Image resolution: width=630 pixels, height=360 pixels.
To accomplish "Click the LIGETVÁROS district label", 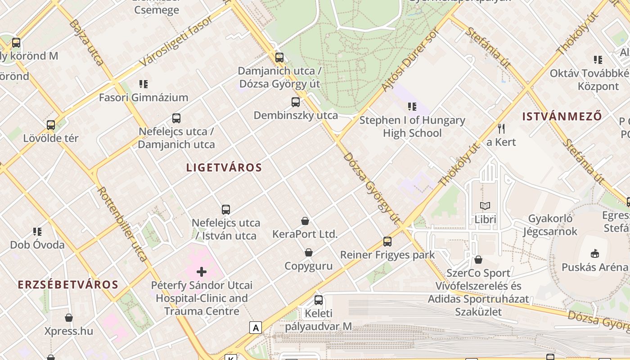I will (224, 168).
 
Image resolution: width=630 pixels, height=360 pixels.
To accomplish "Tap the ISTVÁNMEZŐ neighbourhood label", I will (562, 117).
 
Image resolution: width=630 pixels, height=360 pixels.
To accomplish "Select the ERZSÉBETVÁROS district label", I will (68, 285).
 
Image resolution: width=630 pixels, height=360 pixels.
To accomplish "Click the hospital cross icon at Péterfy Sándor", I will (202, 271).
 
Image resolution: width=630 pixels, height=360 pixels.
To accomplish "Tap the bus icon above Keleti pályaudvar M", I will (319, 300).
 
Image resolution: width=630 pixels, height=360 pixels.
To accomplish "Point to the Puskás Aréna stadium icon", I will (595, 254).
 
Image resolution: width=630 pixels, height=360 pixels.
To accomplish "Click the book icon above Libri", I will (485, 206).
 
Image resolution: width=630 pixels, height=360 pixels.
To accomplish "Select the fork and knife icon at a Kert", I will (501, 129).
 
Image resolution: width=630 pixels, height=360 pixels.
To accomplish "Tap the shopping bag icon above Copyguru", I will (309, 252).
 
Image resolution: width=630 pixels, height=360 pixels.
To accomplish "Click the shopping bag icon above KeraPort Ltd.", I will (305, 221).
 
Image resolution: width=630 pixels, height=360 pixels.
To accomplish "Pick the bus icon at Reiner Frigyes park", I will (387, 242).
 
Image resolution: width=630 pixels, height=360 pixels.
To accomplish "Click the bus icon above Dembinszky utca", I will (296, 102).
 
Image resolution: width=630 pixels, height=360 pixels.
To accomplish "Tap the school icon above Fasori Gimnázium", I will (144, 84).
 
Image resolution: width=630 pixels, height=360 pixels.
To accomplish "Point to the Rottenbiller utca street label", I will (122, 224).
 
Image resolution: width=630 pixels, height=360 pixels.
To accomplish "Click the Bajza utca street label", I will (86, 42).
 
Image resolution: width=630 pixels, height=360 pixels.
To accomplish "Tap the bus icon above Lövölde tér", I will (51, 125).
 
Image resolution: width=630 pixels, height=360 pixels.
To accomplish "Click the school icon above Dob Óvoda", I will (37, 232).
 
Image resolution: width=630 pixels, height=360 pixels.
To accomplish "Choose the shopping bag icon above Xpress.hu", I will (69, 318).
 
